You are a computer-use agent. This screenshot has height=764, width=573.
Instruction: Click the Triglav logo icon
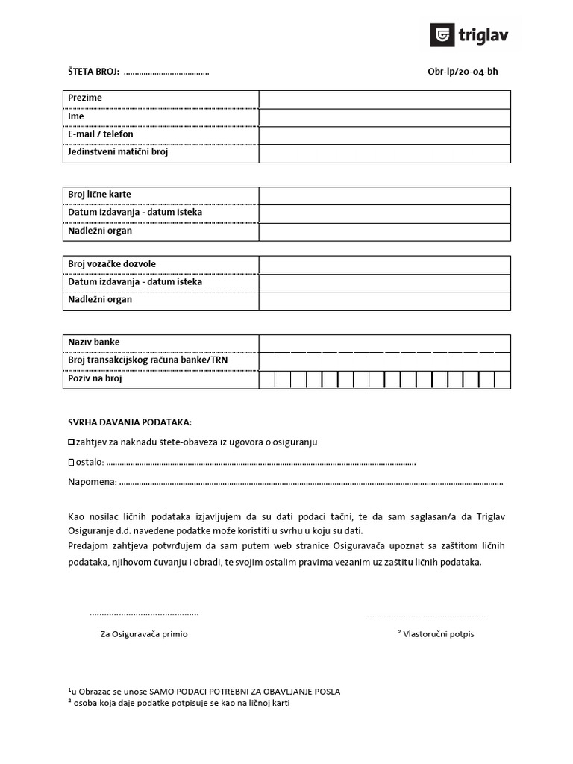point(442,34)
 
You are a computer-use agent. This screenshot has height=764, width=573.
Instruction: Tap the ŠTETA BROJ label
point(93,72)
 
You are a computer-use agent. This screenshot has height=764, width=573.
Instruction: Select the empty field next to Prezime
point(384,99)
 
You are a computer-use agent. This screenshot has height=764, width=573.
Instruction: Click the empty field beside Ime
point(384,117)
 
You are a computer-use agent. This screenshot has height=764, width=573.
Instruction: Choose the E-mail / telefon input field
point(384,135)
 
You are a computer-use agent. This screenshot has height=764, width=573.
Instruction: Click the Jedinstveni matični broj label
point(118,152)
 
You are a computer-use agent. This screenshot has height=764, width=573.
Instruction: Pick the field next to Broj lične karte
point(384,195)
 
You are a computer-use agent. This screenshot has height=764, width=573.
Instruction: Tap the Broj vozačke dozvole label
point(112,264)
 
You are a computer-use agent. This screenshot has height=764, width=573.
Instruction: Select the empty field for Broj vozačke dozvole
point(384,265)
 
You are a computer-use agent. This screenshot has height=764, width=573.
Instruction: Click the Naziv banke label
point(94,342)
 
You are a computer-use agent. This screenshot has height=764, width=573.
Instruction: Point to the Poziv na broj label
point(95,378)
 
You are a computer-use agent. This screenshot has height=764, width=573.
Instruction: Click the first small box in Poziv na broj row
point(266,380)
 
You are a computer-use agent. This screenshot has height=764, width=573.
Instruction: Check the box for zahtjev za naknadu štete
point(72,442)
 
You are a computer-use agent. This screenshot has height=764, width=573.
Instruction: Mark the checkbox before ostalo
point(72,463)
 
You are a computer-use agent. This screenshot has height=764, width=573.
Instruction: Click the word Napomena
point(91,482)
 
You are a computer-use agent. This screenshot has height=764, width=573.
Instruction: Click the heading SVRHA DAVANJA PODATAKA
point(129,422)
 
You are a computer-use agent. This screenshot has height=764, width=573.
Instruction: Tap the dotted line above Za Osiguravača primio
point(144,614)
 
